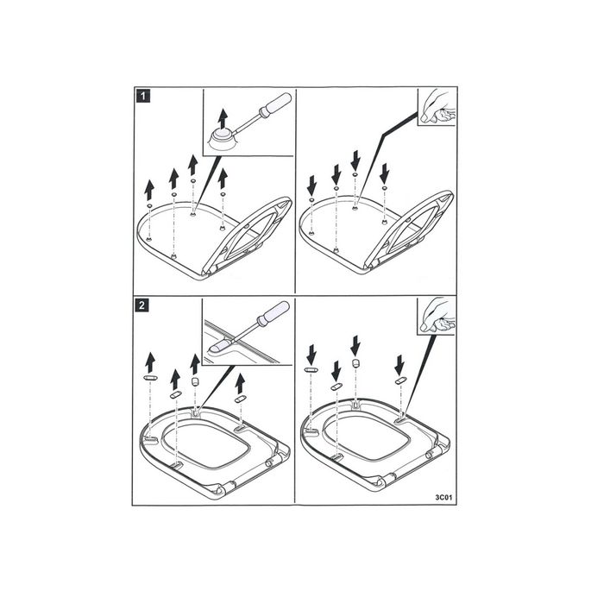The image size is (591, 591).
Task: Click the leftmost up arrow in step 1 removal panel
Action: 150,189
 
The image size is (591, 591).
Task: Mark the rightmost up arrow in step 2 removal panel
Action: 241,382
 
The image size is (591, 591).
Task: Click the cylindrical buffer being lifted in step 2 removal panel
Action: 195,379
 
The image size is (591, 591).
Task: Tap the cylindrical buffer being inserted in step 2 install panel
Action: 355,364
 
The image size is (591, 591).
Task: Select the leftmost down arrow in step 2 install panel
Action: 311,353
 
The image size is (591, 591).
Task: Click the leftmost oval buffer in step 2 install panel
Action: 311,369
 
